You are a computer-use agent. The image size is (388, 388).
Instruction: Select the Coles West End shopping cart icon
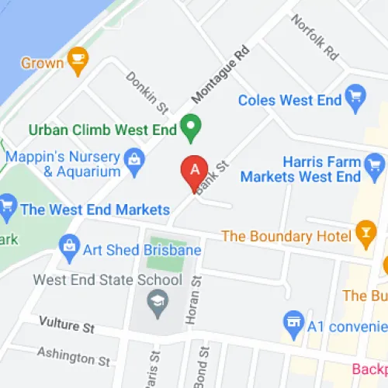point(356,96)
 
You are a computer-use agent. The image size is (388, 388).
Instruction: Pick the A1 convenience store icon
point(293,320)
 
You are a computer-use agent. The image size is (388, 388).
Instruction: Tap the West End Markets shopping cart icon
point(8,206)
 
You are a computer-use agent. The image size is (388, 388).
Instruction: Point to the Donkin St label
point(147,90)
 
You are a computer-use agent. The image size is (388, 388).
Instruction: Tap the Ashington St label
point(74,356)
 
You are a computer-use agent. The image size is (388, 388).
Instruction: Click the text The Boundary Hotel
point(287,235)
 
